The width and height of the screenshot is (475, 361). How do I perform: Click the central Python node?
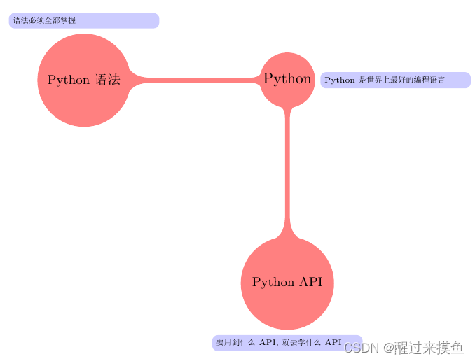click(287, 79)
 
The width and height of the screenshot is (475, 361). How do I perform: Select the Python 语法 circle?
click(84, 80)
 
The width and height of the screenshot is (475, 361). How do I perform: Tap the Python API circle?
click(287, 283)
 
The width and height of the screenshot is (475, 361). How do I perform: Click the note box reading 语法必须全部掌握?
click(84, 21)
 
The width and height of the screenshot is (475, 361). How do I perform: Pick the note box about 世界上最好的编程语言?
click(395, 80)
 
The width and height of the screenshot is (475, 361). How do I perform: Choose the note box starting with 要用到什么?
click(287, 343)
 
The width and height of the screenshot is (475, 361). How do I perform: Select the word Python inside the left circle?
click(68, 80)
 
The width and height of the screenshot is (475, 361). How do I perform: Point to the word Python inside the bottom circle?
click(273, 283)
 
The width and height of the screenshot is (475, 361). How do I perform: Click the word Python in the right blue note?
click(340, 80)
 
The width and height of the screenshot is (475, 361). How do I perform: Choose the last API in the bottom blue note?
click(333, 343)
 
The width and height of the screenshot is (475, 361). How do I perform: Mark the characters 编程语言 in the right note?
click(429, 80)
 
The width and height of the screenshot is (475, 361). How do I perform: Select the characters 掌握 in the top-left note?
click(68, 21)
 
